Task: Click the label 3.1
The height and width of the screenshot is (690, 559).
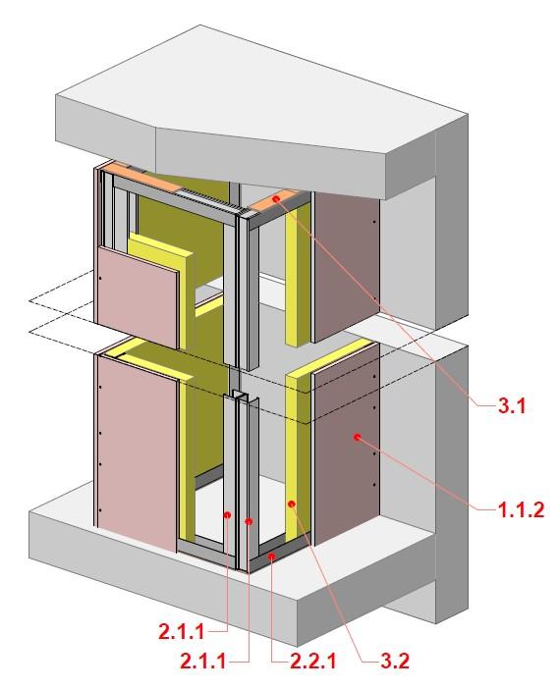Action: pos(512,405)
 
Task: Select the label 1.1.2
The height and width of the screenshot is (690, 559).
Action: pos(521,509)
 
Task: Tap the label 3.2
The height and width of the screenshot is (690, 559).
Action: pos(395,661)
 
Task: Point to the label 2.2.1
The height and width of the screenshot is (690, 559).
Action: pos(312,661)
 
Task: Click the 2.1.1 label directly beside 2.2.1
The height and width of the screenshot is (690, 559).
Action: pos(203,661)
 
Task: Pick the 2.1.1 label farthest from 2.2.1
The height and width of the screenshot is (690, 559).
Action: pos(182,632)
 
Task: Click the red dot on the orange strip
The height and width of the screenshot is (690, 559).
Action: pos(276,199)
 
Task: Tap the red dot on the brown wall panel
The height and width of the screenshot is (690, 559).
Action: pos(358,437)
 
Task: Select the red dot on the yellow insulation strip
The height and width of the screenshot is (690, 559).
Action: pos(291,504)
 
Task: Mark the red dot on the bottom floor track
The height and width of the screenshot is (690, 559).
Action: pos(272,557)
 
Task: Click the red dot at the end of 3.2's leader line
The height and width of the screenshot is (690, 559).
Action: pos(291,504)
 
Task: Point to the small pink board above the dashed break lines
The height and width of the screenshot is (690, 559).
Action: pos(138,297)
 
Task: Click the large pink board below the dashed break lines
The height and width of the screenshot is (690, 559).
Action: pos(137,453)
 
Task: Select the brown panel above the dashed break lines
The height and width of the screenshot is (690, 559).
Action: pos(346,267)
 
